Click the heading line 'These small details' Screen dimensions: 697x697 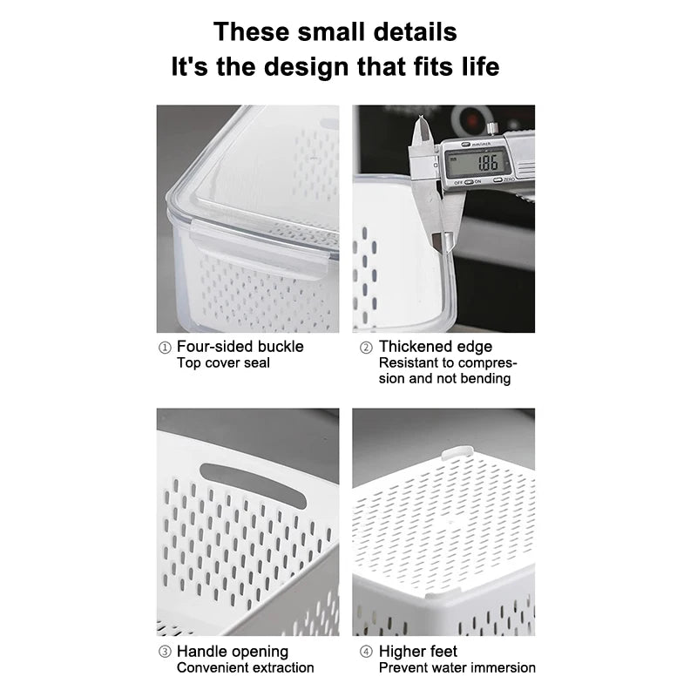click(335, 31)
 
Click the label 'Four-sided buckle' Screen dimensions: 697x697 click(240, 347)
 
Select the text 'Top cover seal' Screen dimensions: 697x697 click(223, 363)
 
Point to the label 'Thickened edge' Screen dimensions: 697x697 click(436, 347)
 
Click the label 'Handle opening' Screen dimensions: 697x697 click(232, 652)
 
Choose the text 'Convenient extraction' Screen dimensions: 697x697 click(245, 668)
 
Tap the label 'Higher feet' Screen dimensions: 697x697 click(417, 652)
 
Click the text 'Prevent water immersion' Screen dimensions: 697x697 click(457, 668)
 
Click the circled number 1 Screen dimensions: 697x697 click(165, 348)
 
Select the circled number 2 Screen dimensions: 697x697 click(366, 348)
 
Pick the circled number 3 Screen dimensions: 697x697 click(165, 653)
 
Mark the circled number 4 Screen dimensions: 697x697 click(366, 653)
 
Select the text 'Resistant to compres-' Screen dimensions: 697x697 click(448, 363)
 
